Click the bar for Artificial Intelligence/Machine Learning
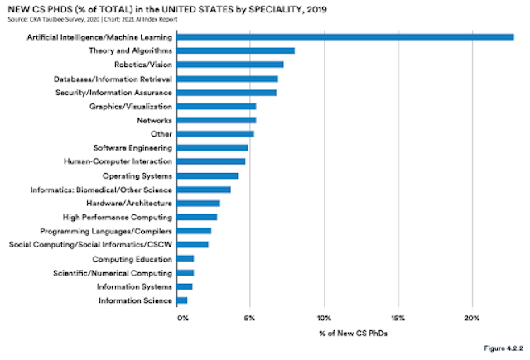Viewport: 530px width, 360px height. [346, 36]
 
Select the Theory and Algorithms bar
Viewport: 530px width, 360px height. [236, 50]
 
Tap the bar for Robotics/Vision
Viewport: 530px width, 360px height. [231, 64]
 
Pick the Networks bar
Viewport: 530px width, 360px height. [217, 119]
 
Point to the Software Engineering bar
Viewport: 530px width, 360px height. [213, 147]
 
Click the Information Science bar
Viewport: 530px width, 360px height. [182, 300]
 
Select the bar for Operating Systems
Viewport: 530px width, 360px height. [208, 175]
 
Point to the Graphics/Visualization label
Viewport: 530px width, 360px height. [131, 106]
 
